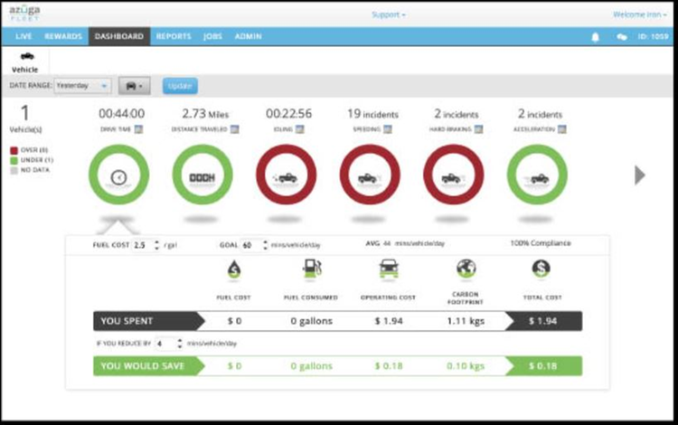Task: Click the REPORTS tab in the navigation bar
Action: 173,36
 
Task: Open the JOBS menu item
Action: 212,36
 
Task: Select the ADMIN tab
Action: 248,36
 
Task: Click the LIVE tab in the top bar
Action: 24,36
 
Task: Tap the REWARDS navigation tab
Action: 63,36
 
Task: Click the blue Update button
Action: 180,86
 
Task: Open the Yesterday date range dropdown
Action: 81,86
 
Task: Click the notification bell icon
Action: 595,37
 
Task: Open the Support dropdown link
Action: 389,14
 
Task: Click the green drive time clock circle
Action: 118,175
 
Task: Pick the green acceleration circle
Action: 537,175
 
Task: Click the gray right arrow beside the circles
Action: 640,175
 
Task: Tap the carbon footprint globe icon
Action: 466,269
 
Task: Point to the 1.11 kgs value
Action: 466,320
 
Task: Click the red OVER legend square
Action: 14,151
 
